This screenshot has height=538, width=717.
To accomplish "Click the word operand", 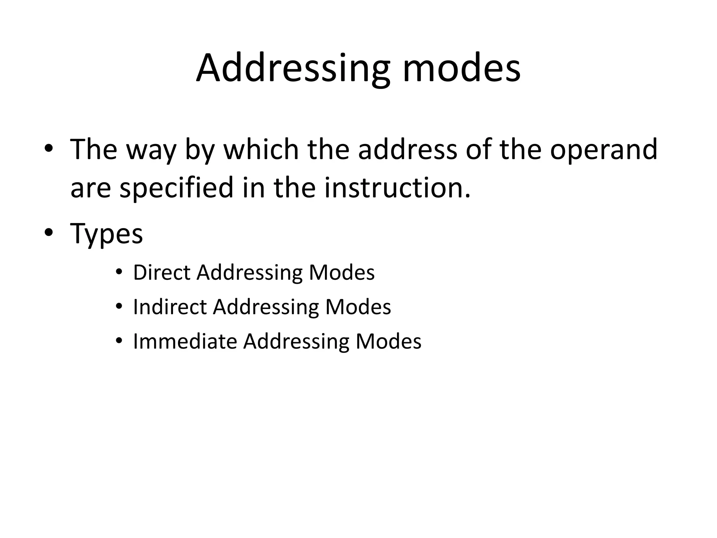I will pos(603,150).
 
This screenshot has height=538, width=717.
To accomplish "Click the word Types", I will pos(106,234).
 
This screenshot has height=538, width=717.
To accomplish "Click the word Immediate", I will pos(185,341).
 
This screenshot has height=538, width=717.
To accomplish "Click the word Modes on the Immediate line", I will pos(388,341).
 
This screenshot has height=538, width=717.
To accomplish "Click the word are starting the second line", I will pos(91,188).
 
